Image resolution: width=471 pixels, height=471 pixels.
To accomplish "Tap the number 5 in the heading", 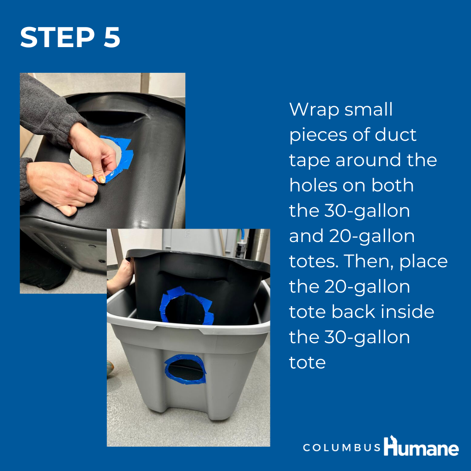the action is point(112,37).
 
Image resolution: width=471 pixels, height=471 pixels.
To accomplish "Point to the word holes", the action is point(313,185).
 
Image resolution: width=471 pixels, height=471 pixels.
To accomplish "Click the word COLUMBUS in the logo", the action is point(342,447).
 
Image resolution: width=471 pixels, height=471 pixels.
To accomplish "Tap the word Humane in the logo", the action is point(421,447).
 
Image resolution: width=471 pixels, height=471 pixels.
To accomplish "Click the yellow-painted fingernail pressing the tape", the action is point(102,180).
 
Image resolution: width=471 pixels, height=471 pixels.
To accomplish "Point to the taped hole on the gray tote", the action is point(185,369).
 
